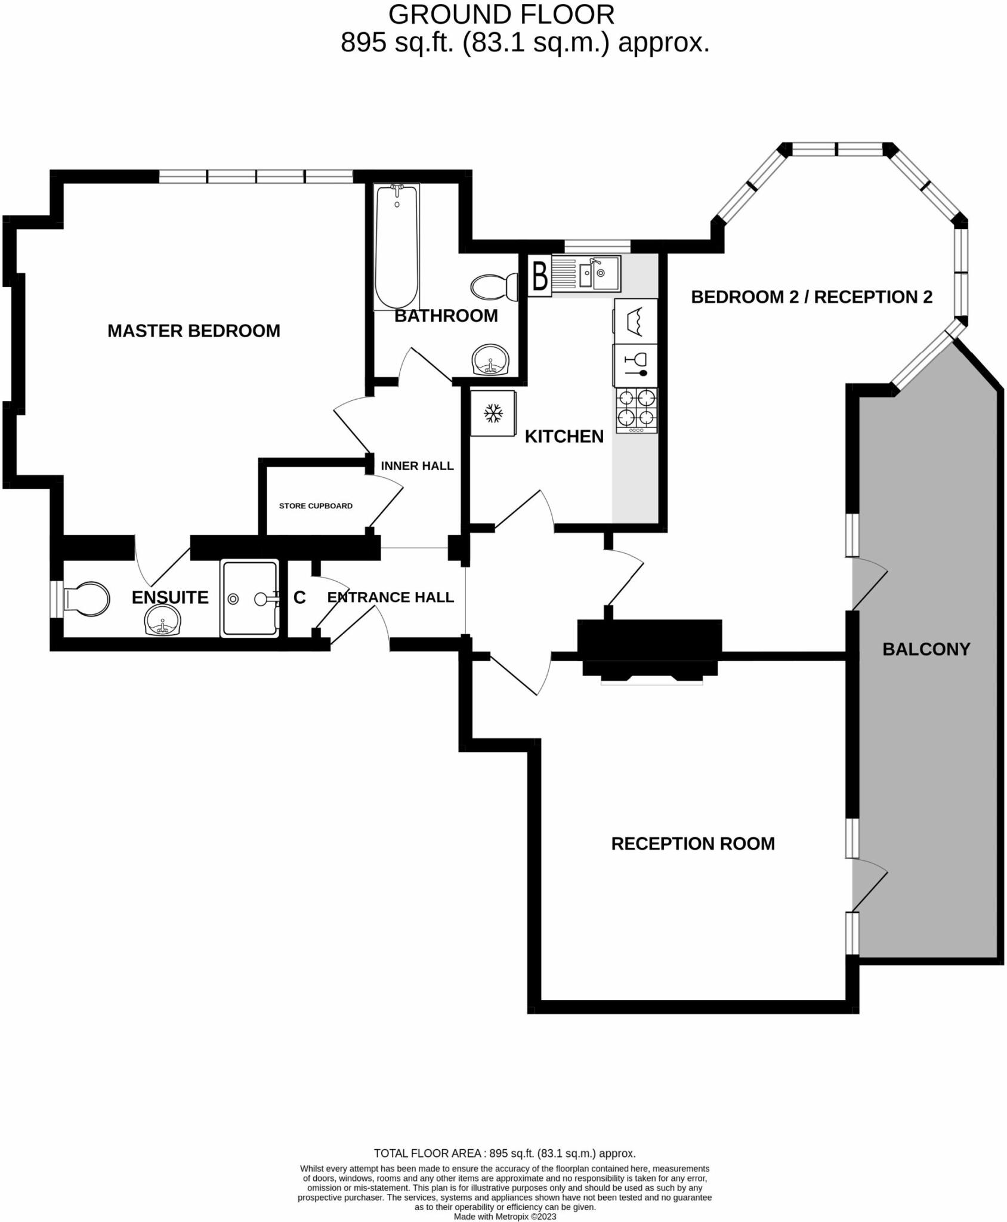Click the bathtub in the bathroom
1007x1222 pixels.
pyautogui.click(x=396, y=246)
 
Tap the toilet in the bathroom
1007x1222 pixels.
pyautogui.click(x=495, y=287)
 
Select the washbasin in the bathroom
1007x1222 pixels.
pyautogui.click(x=491, y=360)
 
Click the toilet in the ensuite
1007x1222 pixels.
pyautogui.click(x=87, y=598)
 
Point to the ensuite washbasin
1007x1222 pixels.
pyautogui.click(x=162, y=621)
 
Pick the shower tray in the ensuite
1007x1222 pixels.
pyautogui.click(x=249, y=598)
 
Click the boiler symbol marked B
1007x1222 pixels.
pyautogui.click(x=540, y=276)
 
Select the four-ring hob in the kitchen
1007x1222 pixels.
pyautogui.click(x=637, y=410)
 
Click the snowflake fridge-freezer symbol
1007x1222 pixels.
pyautogui.click(x=493, y=413)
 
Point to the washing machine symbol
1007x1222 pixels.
pyautogui.click(x=636, y=320)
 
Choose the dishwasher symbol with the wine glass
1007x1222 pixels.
pyautogui.click(x=636, y=365)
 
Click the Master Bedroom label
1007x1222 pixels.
pyautogui.click(x=194, y=331)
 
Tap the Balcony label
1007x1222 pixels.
pyautogui.click(x=926, y=649)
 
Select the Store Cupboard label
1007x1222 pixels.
pyautogui.click(x=316, y=506)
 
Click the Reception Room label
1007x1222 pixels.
pyautogui.click(x=693, y=844)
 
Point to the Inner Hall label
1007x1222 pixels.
pyautogui.click(x=417, y=466)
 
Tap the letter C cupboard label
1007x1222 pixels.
pyautogui.click(x=299, y=597)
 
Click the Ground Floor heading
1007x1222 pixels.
pyautogui.click(x=501, y=14)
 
